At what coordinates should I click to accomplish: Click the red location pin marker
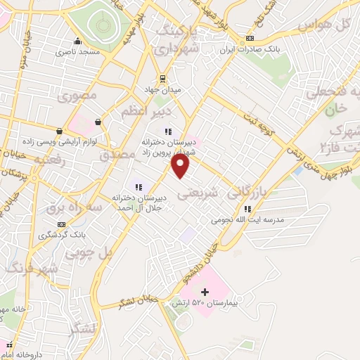pos(181,166)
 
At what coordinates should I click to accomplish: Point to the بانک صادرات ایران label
pos(245,50)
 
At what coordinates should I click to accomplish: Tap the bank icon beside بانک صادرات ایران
pos(250,39)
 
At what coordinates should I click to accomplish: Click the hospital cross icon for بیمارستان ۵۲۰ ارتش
pos(205,292)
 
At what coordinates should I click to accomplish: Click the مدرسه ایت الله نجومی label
pos(248,220)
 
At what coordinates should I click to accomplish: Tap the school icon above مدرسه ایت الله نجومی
pos(247,208)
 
